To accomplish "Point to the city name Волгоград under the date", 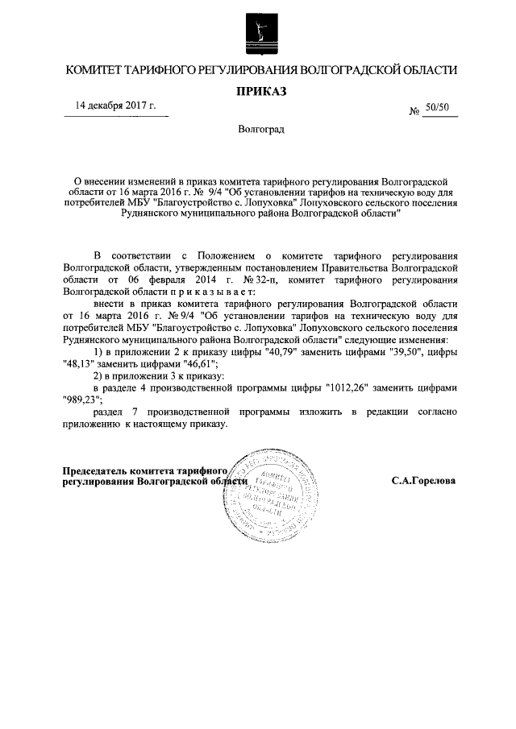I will click(260, 129).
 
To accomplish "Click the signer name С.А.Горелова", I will click(423, 480).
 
